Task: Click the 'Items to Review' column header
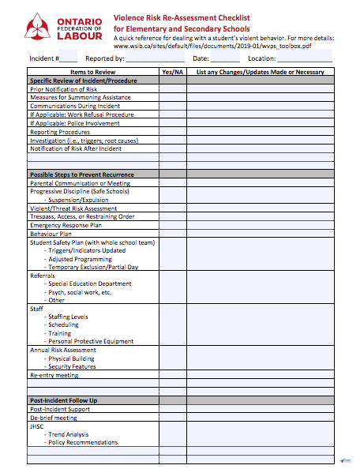tap(92, 72)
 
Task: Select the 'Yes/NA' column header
tap(172, 72)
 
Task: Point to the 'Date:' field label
tap(201, 58)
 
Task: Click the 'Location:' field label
tap(261, 58)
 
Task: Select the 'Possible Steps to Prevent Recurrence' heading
tap(82, 174)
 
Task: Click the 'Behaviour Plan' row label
tap(51, 234)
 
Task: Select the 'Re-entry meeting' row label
tap(54, 375)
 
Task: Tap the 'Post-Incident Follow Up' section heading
tap(64, 400)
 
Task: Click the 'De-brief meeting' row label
tap(54, 418)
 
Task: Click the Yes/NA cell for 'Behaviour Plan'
tap(172, 234)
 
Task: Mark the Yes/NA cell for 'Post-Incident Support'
tap(172, 409)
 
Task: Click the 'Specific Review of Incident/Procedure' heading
tap(81, 81)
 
